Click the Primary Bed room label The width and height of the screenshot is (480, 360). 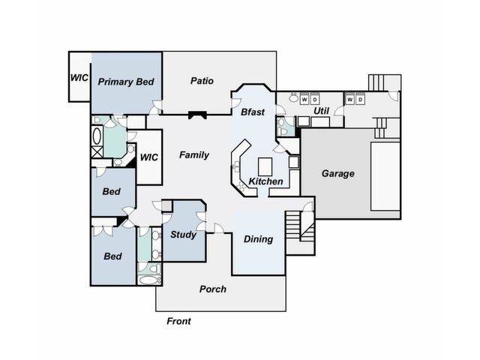click(x=126, y=82)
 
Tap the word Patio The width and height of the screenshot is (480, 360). click(x=202, y=81)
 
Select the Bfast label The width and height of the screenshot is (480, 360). click(x=253, y=112)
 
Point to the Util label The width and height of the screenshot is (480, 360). click(x=321, y=111)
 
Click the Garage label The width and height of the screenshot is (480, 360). click(x=338, y=173)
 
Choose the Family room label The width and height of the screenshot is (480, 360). click(x=194, y=155)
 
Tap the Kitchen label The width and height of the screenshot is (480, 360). click(x=265, y=181)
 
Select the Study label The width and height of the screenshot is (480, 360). click(x=183, y=235)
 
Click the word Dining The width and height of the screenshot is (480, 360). click(x=258, y=239)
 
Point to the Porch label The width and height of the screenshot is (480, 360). click(x=213, y=289)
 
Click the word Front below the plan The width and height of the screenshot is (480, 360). click(x=178, y=321)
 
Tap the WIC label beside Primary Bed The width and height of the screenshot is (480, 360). click(x=79, y=78)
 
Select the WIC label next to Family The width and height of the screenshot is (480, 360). click(x=149, y=157)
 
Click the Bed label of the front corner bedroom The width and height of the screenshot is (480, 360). click(x=112, y=256)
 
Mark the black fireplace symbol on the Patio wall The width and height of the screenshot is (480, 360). click(x=197, y=115)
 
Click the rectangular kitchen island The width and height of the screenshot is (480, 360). click(x=265, y=166)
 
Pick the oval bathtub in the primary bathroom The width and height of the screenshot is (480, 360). click(x=97, y=136)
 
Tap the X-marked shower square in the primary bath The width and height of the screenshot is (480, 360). click(x=97, y=152)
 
